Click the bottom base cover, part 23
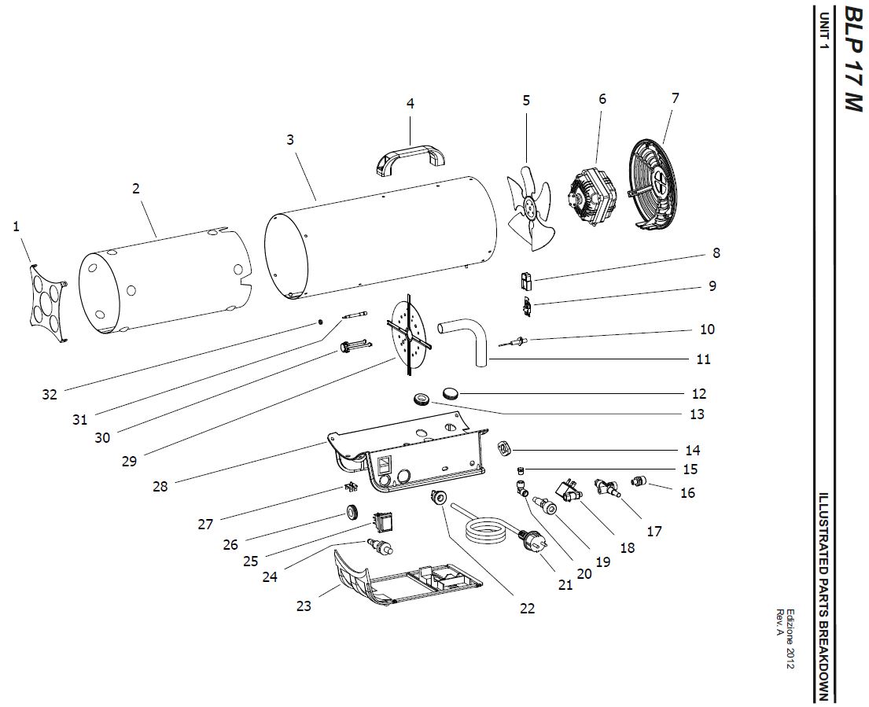click(407, 577)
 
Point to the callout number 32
click(50, 395)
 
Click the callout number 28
click(160, 487)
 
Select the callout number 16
click(687, 492)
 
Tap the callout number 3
click(290, 140)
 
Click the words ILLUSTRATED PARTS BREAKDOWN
click(824, 595)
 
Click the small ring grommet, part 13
click(423, 399)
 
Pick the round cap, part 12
click(451, 394)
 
